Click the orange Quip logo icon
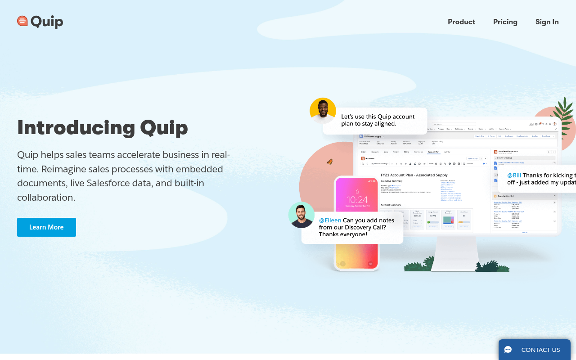click(22, 21)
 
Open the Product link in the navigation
click(461, 22)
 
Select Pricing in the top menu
click(505, 22)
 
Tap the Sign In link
click(547, 22)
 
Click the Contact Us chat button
click(534, 350)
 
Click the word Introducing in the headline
click(76, 128)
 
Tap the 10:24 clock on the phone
click(357, 199)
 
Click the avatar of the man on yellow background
click(323, 110)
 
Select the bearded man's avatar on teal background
click(301, 215)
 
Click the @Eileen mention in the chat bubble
click(330, 220)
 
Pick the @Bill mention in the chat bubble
click(514, 175)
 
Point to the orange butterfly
click(330, 162)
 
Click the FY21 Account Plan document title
click(414, 175)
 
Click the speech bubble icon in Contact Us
click(508, 350)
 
